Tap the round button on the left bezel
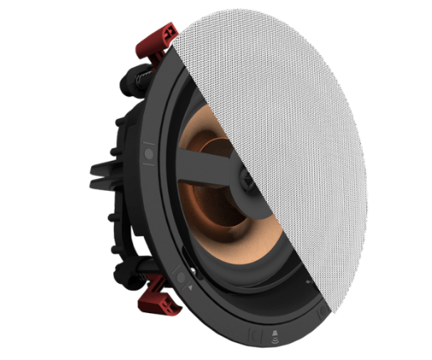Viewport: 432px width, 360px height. tap(148, 154)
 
